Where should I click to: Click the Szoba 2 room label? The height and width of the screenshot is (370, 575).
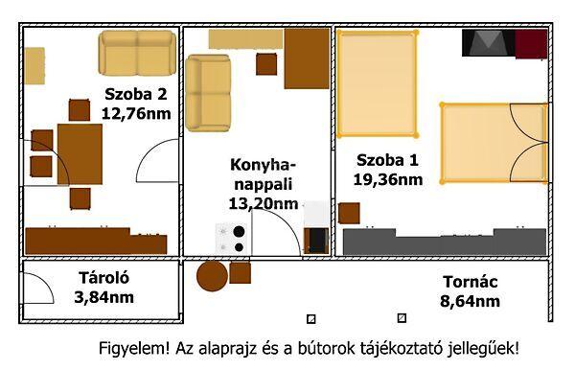point(136,93)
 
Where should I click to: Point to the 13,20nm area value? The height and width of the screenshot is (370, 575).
point(263,202)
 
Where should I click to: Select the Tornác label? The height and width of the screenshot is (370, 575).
point(471,282)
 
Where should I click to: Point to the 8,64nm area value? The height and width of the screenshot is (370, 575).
point(471,301)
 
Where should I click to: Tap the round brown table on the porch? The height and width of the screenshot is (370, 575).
point(212,276)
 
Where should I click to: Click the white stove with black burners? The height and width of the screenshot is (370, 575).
point(232,239)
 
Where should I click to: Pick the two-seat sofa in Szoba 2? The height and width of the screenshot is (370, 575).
point(138,54)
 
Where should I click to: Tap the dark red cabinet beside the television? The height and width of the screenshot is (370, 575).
point(531,43)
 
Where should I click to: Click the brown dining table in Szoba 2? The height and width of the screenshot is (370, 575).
point(79,153)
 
